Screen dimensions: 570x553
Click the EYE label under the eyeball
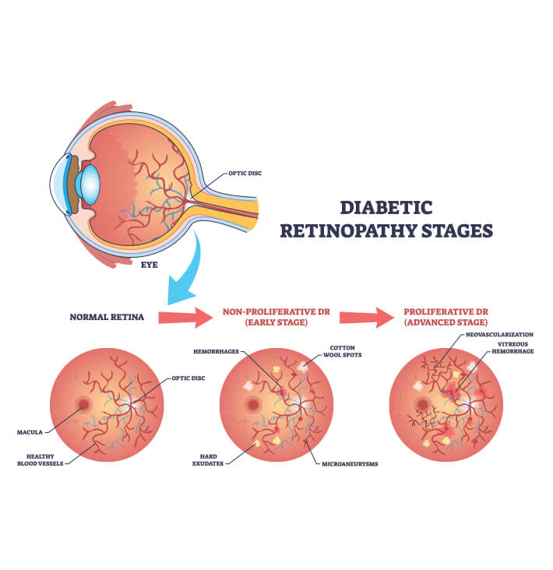(x=150, y=265)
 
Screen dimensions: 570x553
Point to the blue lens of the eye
(x=90, y=184)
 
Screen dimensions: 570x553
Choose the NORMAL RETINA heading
(x=107, y=317)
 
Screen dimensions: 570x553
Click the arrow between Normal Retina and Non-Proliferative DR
(x=185, y=317)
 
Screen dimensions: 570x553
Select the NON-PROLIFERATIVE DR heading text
(x=276, y=312)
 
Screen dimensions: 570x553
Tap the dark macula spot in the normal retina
(x=83, y=405)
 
